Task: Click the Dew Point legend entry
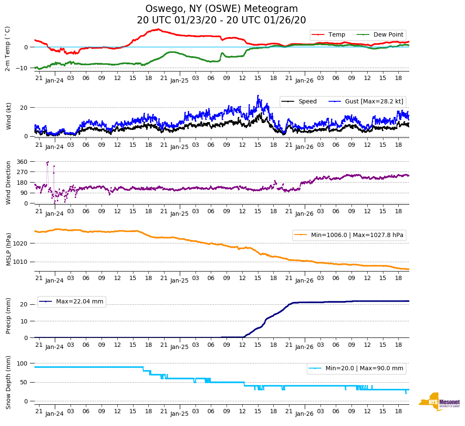tap(388, 34)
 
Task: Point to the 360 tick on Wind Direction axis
tap(22, 162)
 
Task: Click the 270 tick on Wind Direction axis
tap(22, 172)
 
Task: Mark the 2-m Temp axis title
tap(8, 49)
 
